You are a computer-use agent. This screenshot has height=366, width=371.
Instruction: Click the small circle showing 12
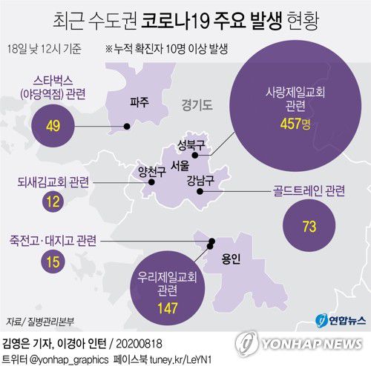pyautogui.click(x=52, y=201)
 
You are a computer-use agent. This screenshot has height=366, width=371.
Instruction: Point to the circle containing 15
pyautogui.click(x=52, y=262)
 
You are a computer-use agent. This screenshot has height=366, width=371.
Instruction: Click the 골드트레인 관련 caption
pyautogui.click(x=309, y=191)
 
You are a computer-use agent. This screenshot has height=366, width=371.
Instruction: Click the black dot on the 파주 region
pyautogui.click(x=127, y=127)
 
